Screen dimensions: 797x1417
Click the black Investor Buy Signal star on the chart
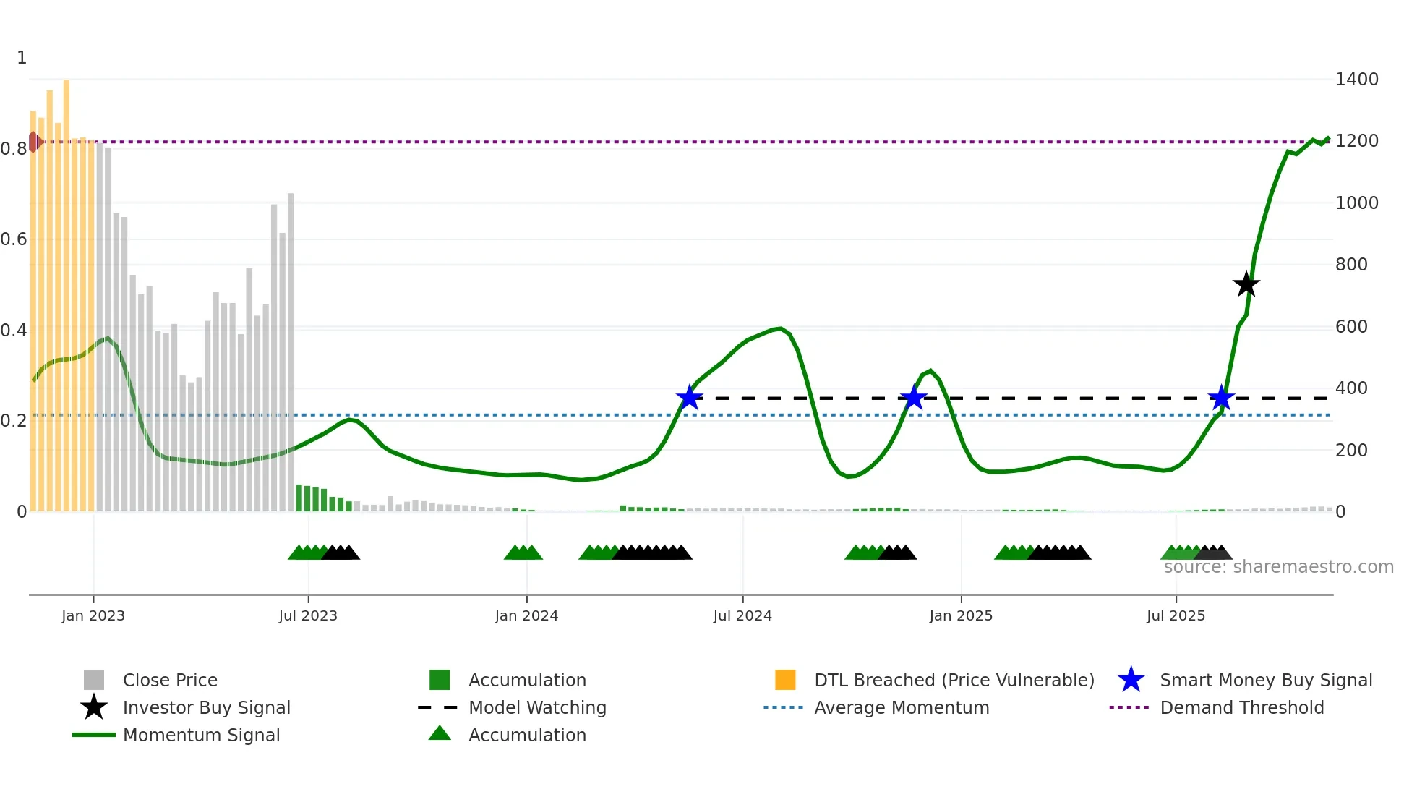click(1246, 284)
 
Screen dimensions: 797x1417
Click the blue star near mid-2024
click(689, 397)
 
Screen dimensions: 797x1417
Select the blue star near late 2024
click(914, 397)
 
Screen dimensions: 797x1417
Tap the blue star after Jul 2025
click(1221, 397)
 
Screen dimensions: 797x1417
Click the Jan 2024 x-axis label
click(526, 615)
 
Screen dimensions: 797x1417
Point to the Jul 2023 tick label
click(308, 615)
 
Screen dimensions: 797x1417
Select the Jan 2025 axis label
click(961, 615)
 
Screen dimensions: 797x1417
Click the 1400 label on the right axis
click(1356, 80)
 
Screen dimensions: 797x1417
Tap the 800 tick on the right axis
click(1350, 265)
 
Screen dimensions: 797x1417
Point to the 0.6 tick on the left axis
click(14, 239)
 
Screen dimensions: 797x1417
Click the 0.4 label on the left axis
click(14, 331)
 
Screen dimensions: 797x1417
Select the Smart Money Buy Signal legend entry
click(1265, 680)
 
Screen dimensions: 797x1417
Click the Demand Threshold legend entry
click(1241, 707)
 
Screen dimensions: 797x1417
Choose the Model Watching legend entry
click(536, 707)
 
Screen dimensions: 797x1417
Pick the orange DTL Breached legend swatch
click(785, 680)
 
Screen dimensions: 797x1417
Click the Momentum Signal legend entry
click(201, 735)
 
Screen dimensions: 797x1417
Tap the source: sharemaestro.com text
click(1278, 567)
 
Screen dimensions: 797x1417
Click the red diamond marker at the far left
click(34, 142)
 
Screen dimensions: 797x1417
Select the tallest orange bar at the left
click(67, 289)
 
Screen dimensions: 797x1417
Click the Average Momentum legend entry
click(901, 707)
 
